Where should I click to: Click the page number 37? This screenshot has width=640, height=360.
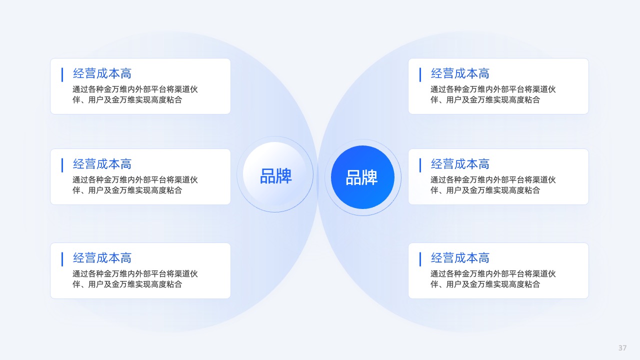coord(622,347)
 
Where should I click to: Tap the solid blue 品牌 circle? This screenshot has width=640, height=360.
coord(362,177)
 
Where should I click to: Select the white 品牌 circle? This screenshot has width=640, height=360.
coord(275,173)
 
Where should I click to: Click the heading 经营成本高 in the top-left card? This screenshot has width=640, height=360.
coord(102,73)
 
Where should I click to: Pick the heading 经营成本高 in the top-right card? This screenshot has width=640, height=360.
coord(460,73)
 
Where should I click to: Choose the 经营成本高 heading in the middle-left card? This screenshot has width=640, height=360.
coord(102,164)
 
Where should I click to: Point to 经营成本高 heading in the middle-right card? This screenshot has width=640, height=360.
coord(460,164)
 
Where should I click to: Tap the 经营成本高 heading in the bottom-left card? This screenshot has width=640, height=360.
coord(102,257)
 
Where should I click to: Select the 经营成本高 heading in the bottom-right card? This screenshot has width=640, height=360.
coord(460,257)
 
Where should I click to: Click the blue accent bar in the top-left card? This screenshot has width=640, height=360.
coord(62,74)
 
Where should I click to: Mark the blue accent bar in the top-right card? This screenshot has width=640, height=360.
coord(420,74)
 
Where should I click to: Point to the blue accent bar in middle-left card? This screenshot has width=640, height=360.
coord(62,165)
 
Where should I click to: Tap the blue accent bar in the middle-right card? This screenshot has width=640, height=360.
coord(420,165)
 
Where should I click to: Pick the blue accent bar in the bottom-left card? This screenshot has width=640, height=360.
coord(62,259)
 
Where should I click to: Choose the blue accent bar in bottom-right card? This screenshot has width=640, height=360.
coord(420,259)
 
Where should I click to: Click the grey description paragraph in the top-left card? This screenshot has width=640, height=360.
coord(135,94)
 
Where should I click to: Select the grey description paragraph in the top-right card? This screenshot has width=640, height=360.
coord(493,94)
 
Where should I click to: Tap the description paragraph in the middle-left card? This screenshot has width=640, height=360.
coord(135,185)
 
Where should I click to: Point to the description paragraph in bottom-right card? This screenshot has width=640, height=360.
coord(493,279)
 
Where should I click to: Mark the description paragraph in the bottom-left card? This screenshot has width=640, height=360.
coord(135,279)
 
